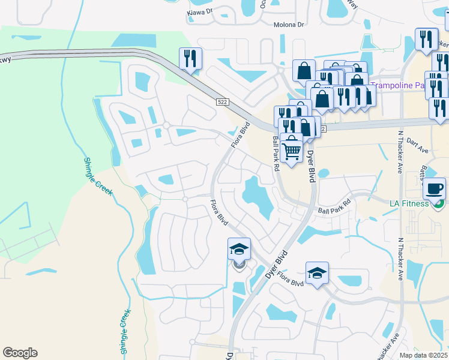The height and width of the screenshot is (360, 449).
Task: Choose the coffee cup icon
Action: point(434,189)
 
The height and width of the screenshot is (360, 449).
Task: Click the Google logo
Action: point(20,352)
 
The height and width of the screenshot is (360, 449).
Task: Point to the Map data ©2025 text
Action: point(423,355)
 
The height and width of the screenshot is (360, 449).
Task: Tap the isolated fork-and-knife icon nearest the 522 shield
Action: point(190,59)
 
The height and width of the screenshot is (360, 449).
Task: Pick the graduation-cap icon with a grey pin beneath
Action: point(239,250)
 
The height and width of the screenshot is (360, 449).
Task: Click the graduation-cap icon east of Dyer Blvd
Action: point(317,273)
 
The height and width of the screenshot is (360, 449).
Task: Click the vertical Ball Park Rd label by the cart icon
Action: point(276,153)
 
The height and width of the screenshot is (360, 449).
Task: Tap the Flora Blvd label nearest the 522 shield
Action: point(240,136)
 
